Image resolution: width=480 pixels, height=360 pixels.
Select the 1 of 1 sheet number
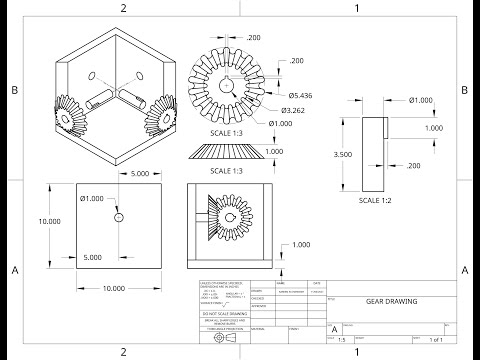click(x=437, y=340)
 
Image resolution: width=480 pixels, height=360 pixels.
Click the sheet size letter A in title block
click(x=334, y=327)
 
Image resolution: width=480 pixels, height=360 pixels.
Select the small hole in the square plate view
click(x=119, y=216)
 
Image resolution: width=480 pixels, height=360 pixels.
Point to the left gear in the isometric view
click(x=70, y=116)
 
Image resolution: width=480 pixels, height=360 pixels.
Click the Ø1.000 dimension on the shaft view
click(x=421, y=99)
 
